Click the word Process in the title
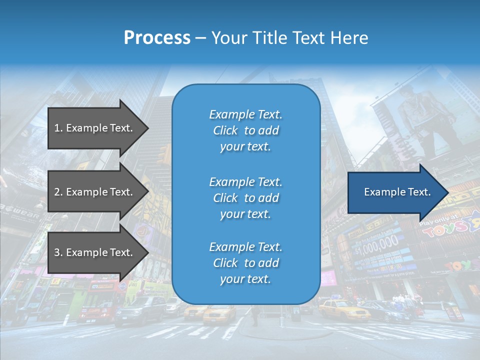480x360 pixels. [157, 37]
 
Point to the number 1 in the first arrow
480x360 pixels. [57, 128]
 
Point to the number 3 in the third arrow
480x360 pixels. [57, 252]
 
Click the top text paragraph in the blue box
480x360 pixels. [245, 130]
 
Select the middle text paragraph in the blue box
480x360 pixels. [245, 198]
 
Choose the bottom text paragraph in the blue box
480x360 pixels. [245, 263]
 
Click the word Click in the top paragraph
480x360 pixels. [225, 130]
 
